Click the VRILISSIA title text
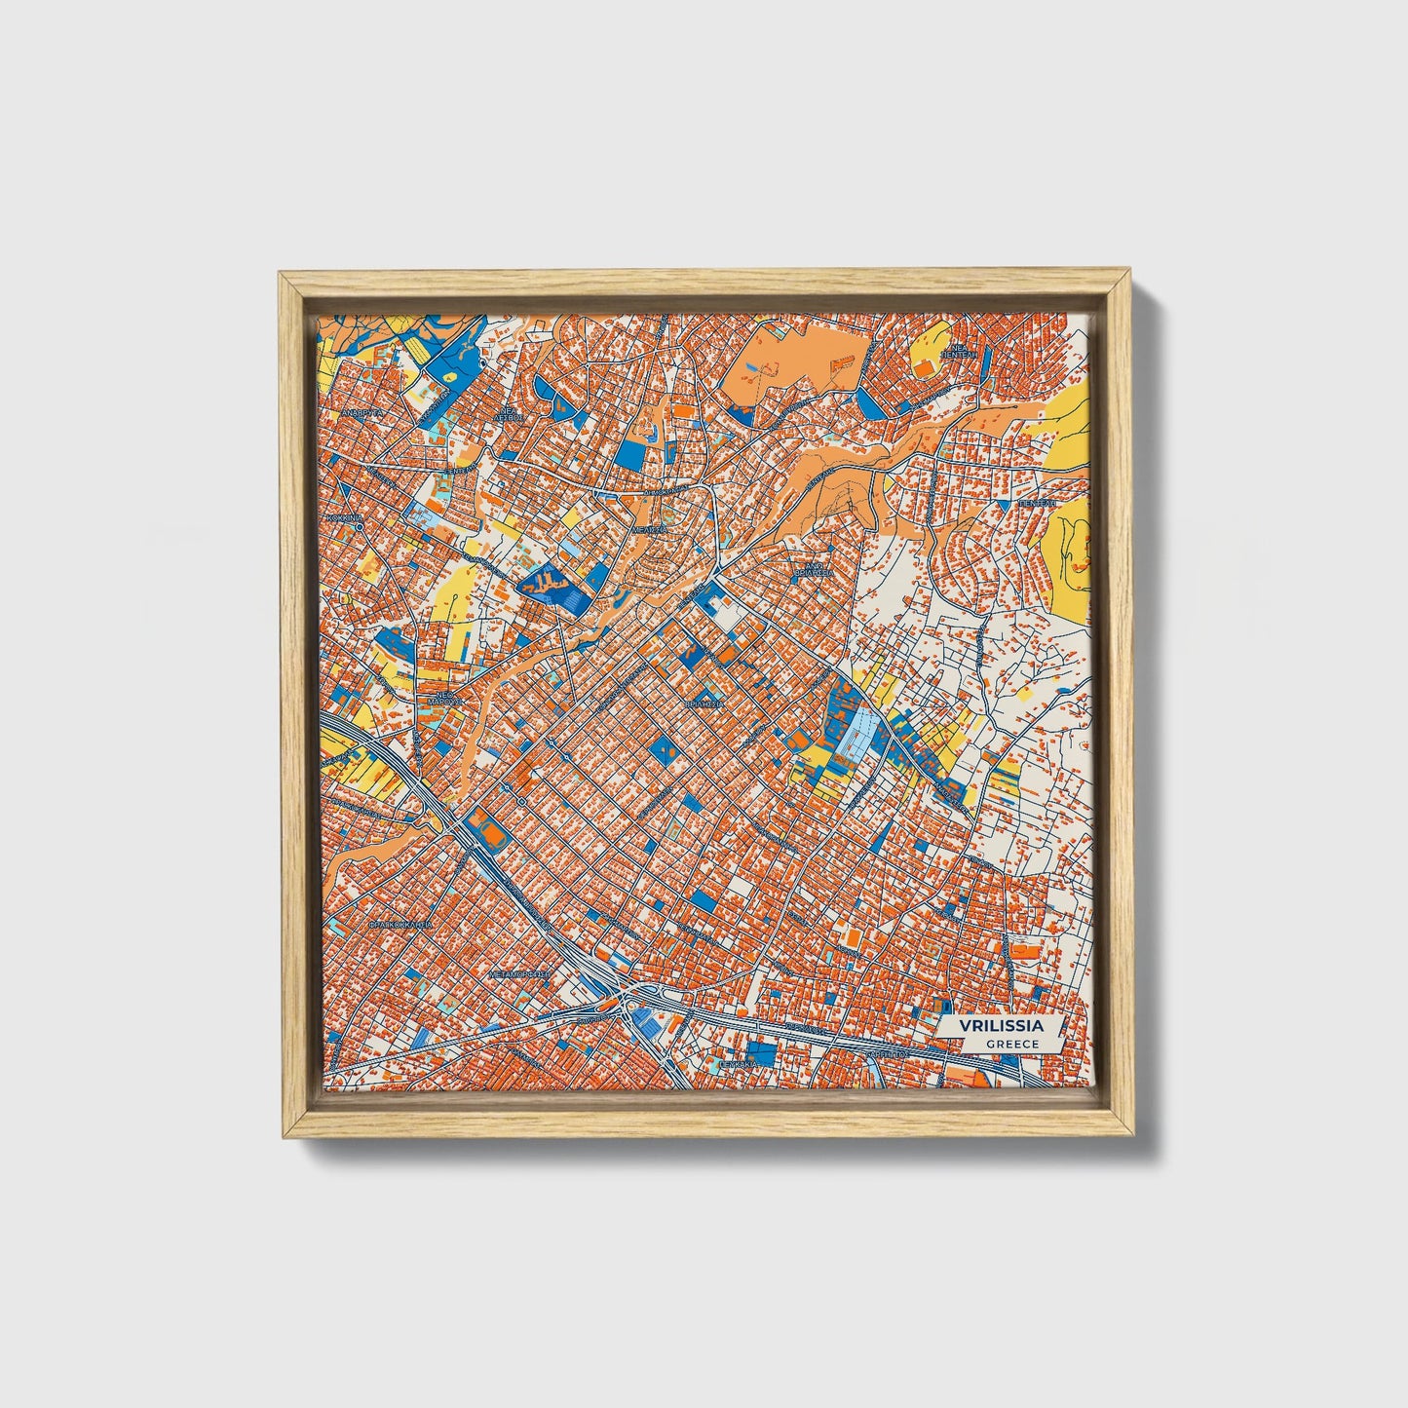pyautogui.click(x=1001, y=1026)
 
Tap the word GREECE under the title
pyautogui.click(x=1011, y=1044)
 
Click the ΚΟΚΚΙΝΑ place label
pyautogui.click(x=345, y=519)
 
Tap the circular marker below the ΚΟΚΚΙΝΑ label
pyautogui.click(x=360, y=527)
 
